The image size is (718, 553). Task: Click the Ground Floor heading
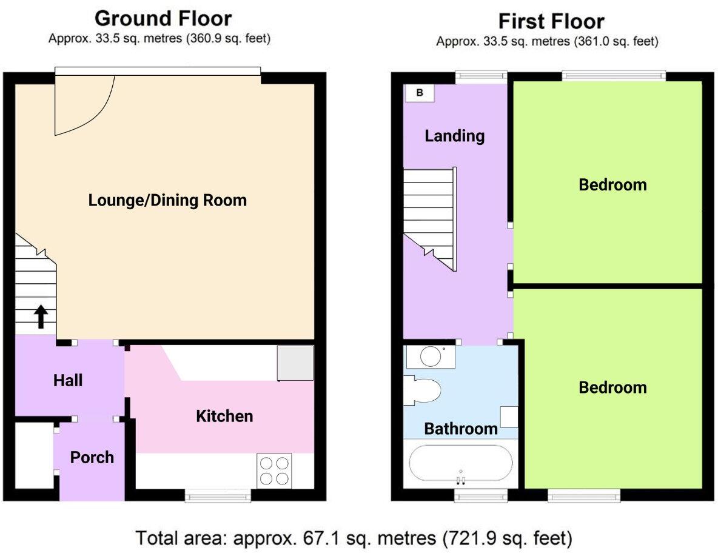click(163, 18)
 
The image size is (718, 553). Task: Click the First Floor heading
click(551, 21)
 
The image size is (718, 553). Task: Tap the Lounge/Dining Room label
click(167, 200)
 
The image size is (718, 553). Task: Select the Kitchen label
click(224, 416)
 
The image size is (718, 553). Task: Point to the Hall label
click(68, 381)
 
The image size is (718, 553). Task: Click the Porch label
click(92, 457)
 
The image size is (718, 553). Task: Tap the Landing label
click(454, 135)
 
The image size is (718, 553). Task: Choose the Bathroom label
click(460, 429)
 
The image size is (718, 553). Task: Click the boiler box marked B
click(419, 93)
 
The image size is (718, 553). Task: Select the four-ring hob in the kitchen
click(273, 471)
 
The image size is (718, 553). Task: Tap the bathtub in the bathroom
click(460, 464)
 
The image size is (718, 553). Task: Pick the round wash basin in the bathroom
click(431, 357)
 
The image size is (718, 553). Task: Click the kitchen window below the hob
click(218, 497)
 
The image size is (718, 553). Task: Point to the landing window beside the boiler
click(481, 76)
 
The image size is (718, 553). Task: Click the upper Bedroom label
click(612, 184)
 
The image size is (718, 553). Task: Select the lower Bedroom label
click(612, 387)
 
